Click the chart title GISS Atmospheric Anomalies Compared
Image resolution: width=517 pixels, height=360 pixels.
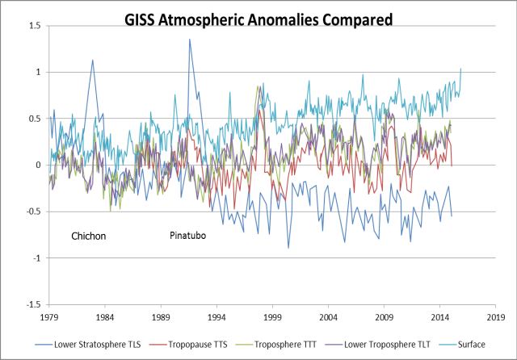258,19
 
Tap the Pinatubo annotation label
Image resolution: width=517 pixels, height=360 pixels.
189,236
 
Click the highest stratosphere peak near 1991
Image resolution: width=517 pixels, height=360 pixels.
190,40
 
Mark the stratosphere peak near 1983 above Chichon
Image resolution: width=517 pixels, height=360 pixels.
93,60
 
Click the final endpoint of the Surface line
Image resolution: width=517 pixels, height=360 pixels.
461,69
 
